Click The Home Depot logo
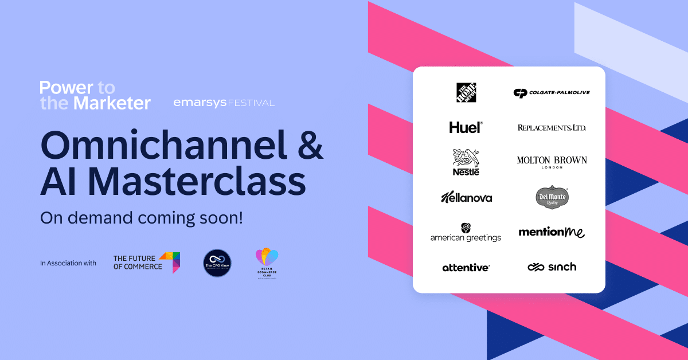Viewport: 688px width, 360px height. [466, 93]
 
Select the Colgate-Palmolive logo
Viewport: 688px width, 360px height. [552, 93]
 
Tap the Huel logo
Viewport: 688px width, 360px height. [466, 127]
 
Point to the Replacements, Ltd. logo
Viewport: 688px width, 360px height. [552, 127]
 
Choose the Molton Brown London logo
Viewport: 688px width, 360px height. [552, 162]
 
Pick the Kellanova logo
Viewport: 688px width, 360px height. [466, 197]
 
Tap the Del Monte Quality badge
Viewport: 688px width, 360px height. [552, 197]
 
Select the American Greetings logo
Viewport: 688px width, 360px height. [466, 232]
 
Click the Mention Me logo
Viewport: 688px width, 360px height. [552, 232]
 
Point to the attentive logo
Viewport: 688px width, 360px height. [466, 267]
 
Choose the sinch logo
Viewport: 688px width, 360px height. [552, 267]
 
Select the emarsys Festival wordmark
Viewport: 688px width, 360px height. [224, 103]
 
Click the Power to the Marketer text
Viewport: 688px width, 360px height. [95, 96]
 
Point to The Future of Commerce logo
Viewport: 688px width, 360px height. [147, 262]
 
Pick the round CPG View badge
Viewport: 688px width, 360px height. [217, 263]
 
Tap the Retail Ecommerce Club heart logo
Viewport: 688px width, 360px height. [266, 263]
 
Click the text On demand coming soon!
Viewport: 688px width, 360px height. [141, 218]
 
